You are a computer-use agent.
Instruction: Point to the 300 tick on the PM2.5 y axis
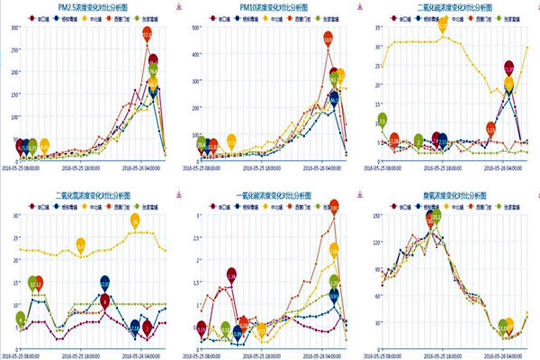[x=15, y=27]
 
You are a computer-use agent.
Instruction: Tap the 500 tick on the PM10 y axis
[x=194, y=27]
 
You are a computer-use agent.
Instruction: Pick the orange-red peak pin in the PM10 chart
[x=328, y=40]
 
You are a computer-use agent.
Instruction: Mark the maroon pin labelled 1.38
[x=231, y=274]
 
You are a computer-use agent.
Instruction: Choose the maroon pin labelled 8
[x=105, y=301]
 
